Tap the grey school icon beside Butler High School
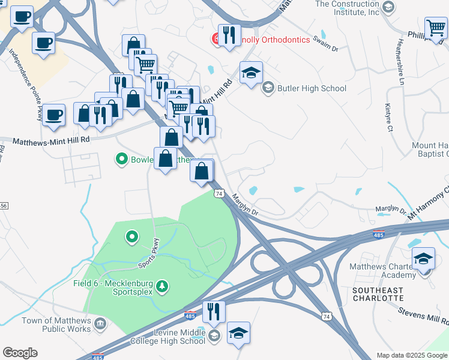tap(268, 88)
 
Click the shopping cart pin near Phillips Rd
tap(435, 28)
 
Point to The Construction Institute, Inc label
tap(348, 8)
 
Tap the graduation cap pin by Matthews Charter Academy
tap(423, 259)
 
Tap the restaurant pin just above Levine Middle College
tap(213, 311)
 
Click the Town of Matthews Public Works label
tap(56, 325)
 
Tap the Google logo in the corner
tap(20, 353)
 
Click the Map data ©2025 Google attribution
tap(411, 355)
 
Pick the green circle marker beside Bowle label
tap(121, 160)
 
